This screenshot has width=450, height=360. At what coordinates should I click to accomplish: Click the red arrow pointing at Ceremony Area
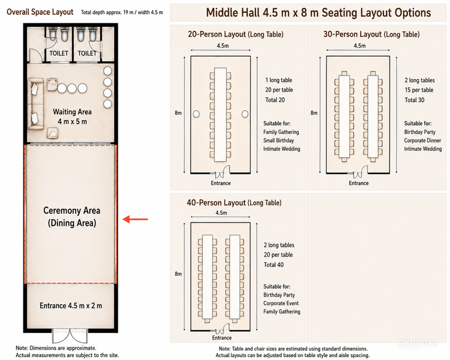(135, 220)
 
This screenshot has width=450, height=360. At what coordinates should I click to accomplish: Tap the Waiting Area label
(72, 112)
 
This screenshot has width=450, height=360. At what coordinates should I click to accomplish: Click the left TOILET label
(59, 53)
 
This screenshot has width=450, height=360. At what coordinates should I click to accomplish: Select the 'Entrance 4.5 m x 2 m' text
(71, 306)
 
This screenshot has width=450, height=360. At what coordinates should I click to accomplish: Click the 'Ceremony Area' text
(71, 210)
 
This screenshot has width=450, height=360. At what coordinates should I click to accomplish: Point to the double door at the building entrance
(70, 336)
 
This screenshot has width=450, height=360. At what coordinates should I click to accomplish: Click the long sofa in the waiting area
(36, 104)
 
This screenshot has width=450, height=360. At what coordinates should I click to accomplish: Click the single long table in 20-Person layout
(220, 114)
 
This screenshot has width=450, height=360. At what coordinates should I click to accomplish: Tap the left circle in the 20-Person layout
(196, 114)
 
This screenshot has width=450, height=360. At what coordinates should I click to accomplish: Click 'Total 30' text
(414, 100)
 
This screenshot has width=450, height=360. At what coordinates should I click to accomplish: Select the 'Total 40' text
(274, 265)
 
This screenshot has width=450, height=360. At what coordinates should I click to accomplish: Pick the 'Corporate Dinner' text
(422, 140)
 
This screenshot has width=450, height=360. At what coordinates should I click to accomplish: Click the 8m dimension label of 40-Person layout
(178, 274)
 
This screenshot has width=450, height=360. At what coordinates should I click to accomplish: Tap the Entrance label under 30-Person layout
(359, 183)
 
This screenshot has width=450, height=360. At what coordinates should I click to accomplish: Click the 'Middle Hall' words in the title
(233, 13)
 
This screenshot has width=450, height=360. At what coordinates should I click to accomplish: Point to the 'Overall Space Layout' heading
(40, 12)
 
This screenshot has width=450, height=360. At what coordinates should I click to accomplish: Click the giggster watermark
(418, 342)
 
